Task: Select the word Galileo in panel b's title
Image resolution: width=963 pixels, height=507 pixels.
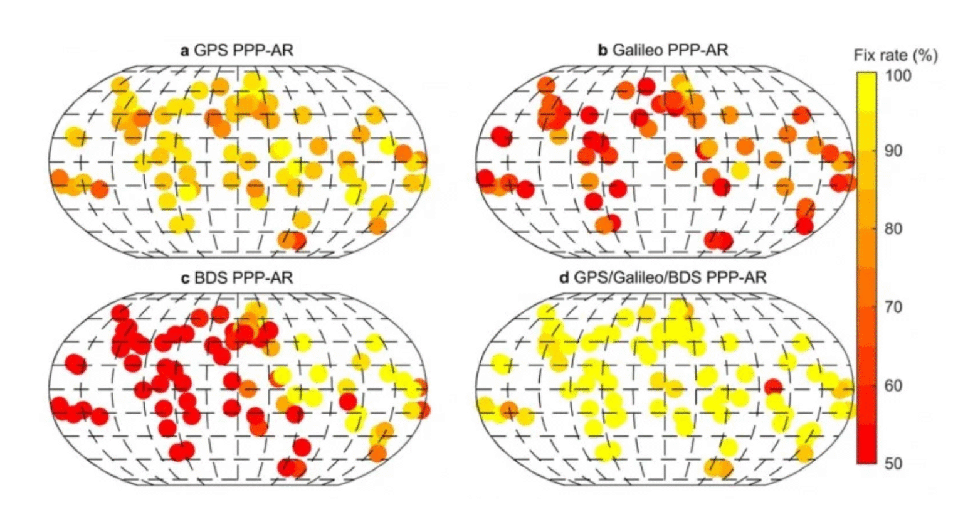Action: [x=639, y=50]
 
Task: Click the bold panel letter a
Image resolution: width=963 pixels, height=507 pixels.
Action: [x=185, y=50]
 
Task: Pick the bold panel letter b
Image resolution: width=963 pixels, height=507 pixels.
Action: [x=603, y=50]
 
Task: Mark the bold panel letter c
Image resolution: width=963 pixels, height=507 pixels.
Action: [x=185, y=277]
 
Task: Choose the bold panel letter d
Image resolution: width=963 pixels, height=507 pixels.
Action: [x=563, y=277]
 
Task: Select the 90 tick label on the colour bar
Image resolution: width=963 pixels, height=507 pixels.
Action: [x=895, y=151]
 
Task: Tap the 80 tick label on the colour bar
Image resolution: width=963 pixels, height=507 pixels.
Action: [x=895, y=229]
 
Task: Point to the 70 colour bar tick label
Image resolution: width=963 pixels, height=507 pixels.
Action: [x=895, y=307]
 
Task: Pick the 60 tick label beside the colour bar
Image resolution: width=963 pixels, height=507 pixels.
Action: [x=895, y=385]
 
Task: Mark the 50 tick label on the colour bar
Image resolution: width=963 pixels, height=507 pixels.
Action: [x=895, y=464]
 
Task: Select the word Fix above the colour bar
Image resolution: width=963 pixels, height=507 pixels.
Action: [x=865, y=56]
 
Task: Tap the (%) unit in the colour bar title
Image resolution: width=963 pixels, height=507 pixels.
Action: [x=925, y=56]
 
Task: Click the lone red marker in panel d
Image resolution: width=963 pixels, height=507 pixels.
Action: [x=773, y=387]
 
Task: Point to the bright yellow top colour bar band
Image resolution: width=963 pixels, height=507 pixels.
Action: [x=866, y=82]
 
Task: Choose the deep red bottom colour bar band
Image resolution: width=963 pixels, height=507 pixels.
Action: [x=866, y=454]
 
